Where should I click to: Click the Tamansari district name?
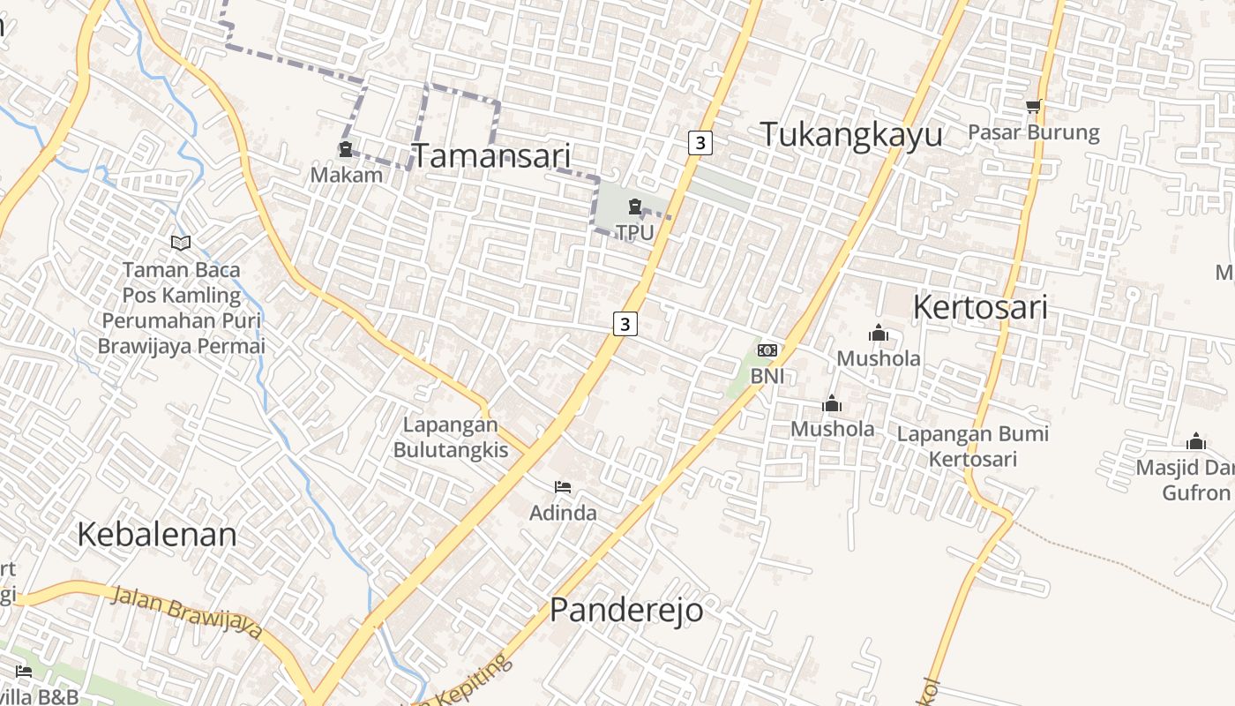491,156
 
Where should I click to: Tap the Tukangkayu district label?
851,135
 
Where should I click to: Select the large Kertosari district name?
980,308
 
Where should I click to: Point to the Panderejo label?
626,610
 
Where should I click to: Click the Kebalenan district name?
157,535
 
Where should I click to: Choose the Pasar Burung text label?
1034,132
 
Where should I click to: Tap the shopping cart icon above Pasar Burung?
1034,107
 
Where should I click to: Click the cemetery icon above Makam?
346,150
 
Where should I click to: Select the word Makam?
347,175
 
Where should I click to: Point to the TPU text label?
635,233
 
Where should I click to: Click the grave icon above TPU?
634,207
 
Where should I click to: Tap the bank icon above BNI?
767,350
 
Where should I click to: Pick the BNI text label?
767,376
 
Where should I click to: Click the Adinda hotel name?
563,513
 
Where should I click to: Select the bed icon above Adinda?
563,487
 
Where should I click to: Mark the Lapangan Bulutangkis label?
451,438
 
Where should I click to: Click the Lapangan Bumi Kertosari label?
973,447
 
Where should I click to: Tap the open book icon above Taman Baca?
181,243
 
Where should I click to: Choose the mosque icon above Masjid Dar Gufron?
1196,441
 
